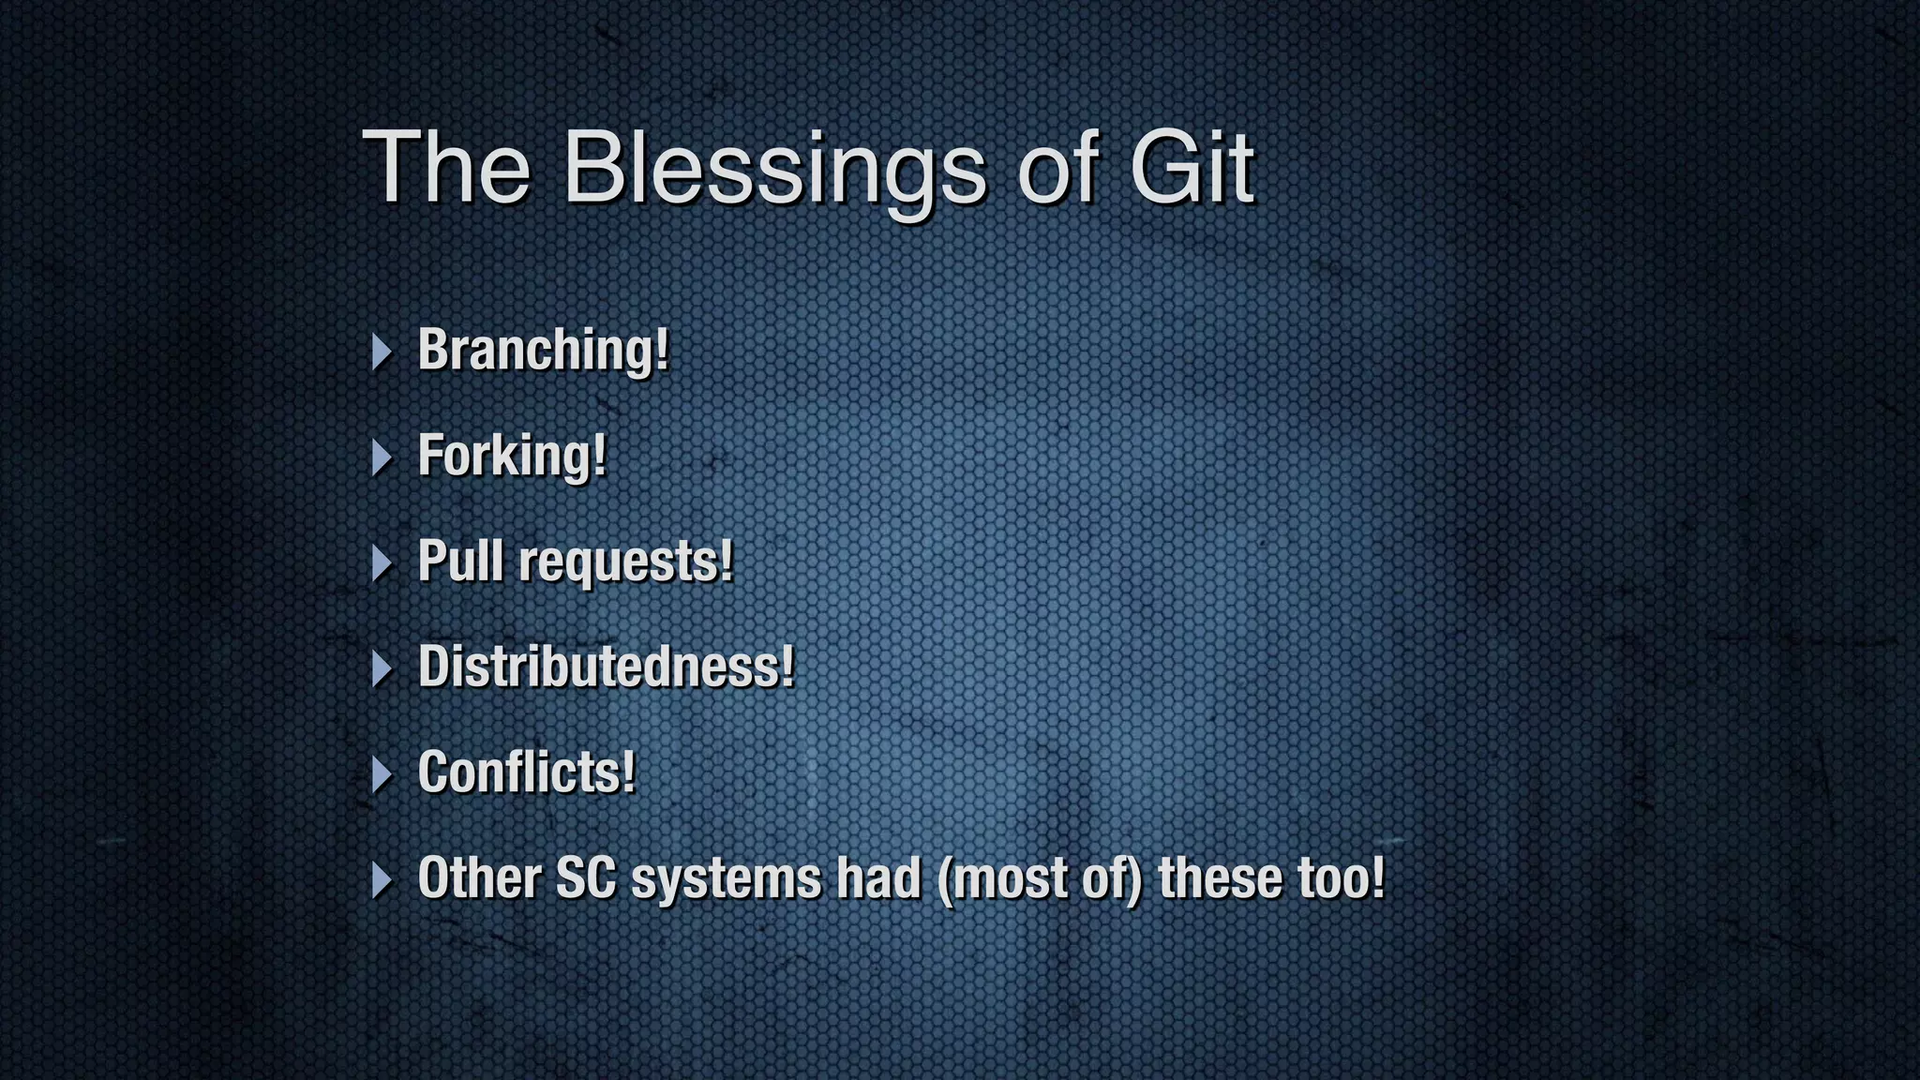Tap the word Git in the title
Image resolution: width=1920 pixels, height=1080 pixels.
(1192, 169)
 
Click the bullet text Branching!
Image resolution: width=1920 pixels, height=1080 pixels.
(544, 350)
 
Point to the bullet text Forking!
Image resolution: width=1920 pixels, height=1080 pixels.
(512, 456)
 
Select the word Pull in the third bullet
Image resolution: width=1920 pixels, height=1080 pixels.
(460, 561)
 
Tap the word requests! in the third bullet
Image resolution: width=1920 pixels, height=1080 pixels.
(625, 562)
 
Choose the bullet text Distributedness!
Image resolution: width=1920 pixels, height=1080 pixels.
(606, 667)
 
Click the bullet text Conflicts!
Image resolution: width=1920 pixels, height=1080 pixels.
(526, 772)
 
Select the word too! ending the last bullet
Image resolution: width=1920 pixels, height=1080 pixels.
(1341, 878)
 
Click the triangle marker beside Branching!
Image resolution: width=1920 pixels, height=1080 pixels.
(381, 352)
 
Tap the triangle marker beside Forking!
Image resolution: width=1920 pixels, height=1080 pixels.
(381, 457)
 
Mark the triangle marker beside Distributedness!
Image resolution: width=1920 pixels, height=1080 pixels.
(381, 669)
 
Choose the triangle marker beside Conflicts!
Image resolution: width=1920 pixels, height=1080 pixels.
(381, 775)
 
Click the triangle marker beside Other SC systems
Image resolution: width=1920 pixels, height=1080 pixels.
(381, 880)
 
